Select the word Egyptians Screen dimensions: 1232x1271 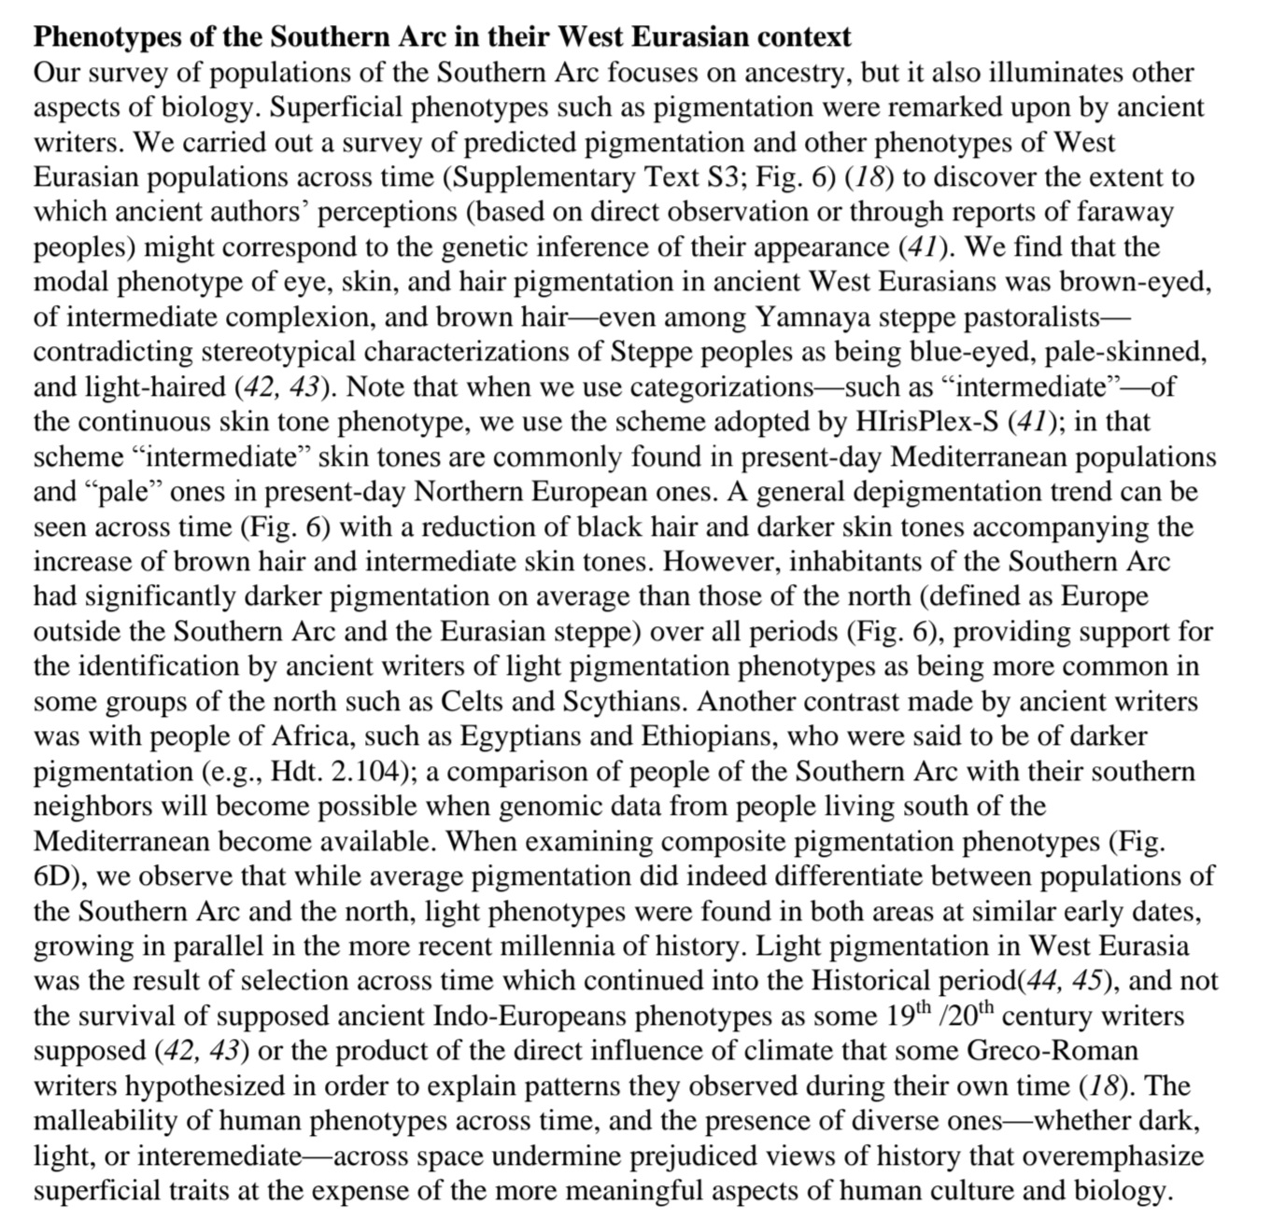518,736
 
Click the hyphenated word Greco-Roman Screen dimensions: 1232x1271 1052,1051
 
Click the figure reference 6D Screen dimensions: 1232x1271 55,876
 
